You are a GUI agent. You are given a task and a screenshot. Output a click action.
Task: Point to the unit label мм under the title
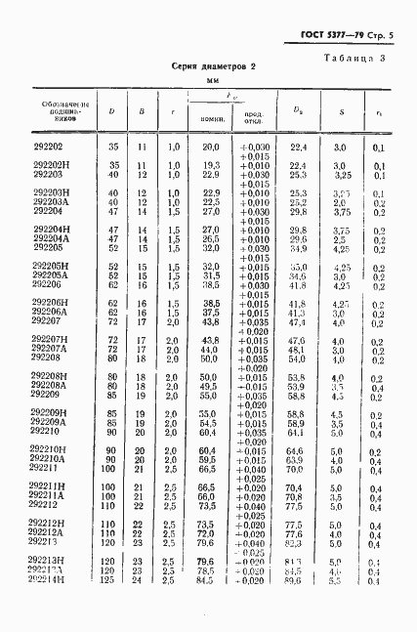coord(206,80)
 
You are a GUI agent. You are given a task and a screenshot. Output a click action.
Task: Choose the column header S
coord(341,110)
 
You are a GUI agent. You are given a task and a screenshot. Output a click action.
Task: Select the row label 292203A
coord(52,202)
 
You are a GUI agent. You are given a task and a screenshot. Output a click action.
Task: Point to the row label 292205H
coord(52,267)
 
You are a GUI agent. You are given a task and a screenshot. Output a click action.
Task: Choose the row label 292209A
coord(52,421)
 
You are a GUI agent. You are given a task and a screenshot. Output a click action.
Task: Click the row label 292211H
coord(52,485)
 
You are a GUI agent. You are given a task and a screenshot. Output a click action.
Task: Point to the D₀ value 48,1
coord(297,348)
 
